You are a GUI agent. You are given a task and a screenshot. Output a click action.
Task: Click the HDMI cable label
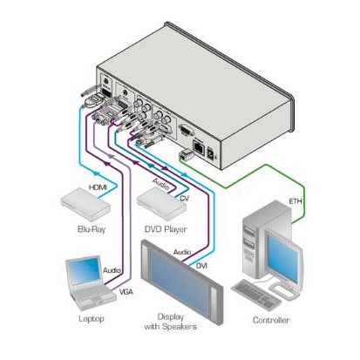98,187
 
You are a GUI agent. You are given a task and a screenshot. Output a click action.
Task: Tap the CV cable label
184,199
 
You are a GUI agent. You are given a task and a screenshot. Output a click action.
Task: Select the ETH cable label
295,200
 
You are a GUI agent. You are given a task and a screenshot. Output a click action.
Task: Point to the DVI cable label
201,265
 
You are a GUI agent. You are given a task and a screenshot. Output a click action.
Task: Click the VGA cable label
126,291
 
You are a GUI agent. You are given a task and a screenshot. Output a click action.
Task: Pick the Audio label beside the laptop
112,270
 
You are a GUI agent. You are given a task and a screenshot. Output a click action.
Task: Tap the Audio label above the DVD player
160,184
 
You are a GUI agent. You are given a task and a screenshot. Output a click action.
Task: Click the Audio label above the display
182,252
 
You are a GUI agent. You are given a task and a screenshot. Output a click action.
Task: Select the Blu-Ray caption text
92,229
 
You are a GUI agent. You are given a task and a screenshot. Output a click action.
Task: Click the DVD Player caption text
166,229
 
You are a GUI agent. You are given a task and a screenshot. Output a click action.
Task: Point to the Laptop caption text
92,319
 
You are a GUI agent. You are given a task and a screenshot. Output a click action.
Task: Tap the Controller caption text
271,320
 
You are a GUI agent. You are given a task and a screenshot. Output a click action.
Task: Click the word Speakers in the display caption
180,327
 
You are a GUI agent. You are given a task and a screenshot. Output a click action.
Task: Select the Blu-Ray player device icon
85,204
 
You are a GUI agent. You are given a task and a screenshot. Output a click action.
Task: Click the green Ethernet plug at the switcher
186,154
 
